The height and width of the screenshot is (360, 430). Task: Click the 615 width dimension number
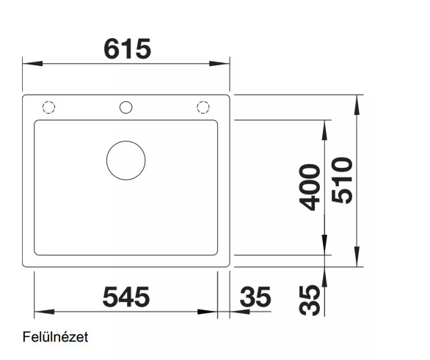tap(128, 49)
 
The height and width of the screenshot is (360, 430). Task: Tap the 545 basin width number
tap(126, 297)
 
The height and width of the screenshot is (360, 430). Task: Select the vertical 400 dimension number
tap(310, 188)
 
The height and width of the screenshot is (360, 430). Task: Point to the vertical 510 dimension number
tap(342, 180)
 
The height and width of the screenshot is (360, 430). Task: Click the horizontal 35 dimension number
tap(255, 297)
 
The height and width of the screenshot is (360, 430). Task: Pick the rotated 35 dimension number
tap(310, 301)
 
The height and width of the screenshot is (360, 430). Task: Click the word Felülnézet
tap(55, 337)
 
